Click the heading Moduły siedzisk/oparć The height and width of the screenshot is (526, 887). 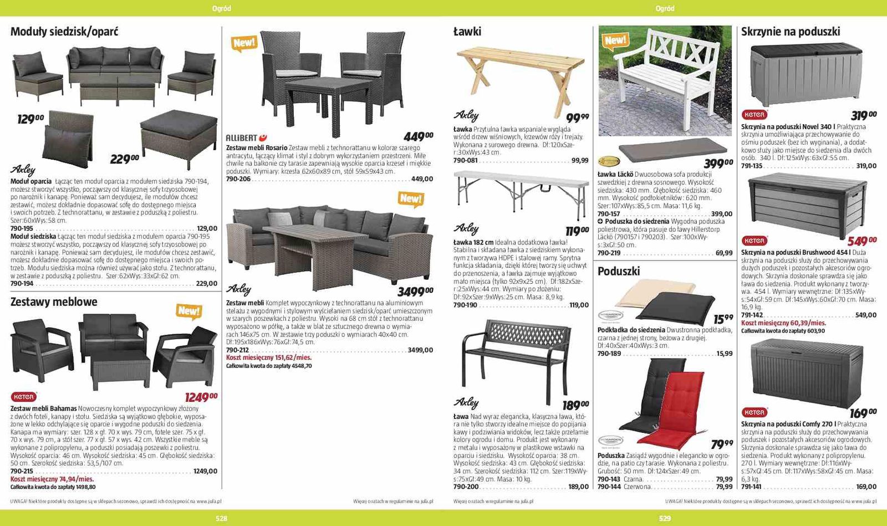pyautogui.click(x=64, y=32)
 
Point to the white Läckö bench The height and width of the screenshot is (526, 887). pyautogui.click(x=665, y=72)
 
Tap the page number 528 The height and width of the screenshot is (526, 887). pyautogui.click(x=221, y=518)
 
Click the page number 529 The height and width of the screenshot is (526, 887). pyautogui.click(x=665, y=518)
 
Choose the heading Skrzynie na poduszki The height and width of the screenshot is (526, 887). pyautogui.click(x=791, y=32)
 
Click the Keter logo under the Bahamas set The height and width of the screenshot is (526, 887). pyautogui.click(x=23, y=397)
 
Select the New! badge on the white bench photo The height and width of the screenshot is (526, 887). pyautogui.click(x=615, y=40)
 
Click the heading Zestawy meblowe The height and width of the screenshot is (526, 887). pyautogui.click(x=54, y=302)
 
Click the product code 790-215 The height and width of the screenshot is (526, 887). pyautogui.click(x=22, y=471)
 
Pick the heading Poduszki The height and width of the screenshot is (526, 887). pyautogui.click(x=619, y=271)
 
